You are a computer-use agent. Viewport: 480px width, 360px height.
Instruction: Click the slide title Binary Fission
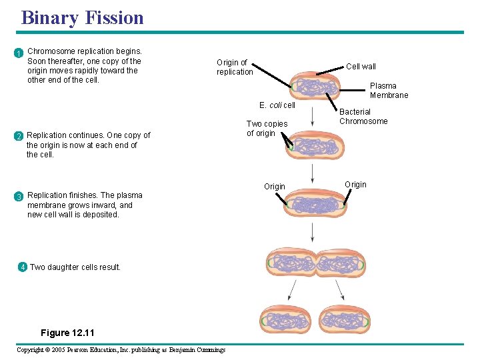pyautogui.click(x=83, y=17)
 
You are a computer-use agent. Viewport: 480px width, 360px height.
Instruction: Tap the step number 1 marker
pyautogui.click(x=20, y=53)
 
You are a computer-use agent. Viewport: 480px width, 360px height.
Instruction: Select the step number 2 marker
pyautogui.click(x=20, y=137)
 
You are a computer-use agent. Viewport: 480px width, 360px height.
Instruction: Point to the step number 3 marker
pyautogui.click(x=20, y=197)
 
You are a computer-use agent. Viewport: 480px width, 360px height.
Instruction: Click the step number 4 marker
pyautogui.click(x=23, y=267)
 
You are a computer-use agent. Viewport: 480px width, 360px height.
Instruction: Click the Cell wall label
pyautogui.click(x=361, y=67)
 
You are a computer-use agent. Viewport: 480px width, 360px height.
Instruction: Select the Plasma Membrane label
pyautogui.click(x=389, y=91)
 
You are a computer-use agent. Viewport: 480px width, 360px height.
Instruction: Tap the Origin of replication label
pyautogui.click(x=235, y=67)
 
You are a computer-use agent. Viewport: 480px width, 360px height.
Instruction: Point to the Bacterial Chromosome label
pyautogui.click(x=363, y=117)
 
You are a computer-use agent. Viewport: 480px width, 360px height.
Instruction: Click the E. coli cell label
pyautogui.click(x=277, y=105)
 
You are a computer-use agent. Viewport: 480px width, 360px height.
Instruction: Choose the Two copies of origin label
pyautogui.click(x=267, y=129)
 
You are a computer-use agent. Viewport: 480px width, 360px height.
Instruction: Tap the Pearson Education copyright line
pyautogui.click(x=121, y=350)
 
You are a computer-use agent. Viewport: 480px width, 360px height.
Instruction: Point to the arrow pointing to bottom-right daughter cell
pyautogui.click(x=339, y=289)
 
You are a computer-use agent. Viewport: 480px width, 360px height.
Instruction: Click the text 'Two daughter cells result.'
pyautogui.click(x=75, y=267)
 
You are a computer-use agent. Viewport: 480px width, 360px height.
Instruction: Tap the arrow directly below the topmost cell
pyautogui.click(x=313, y=117)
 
